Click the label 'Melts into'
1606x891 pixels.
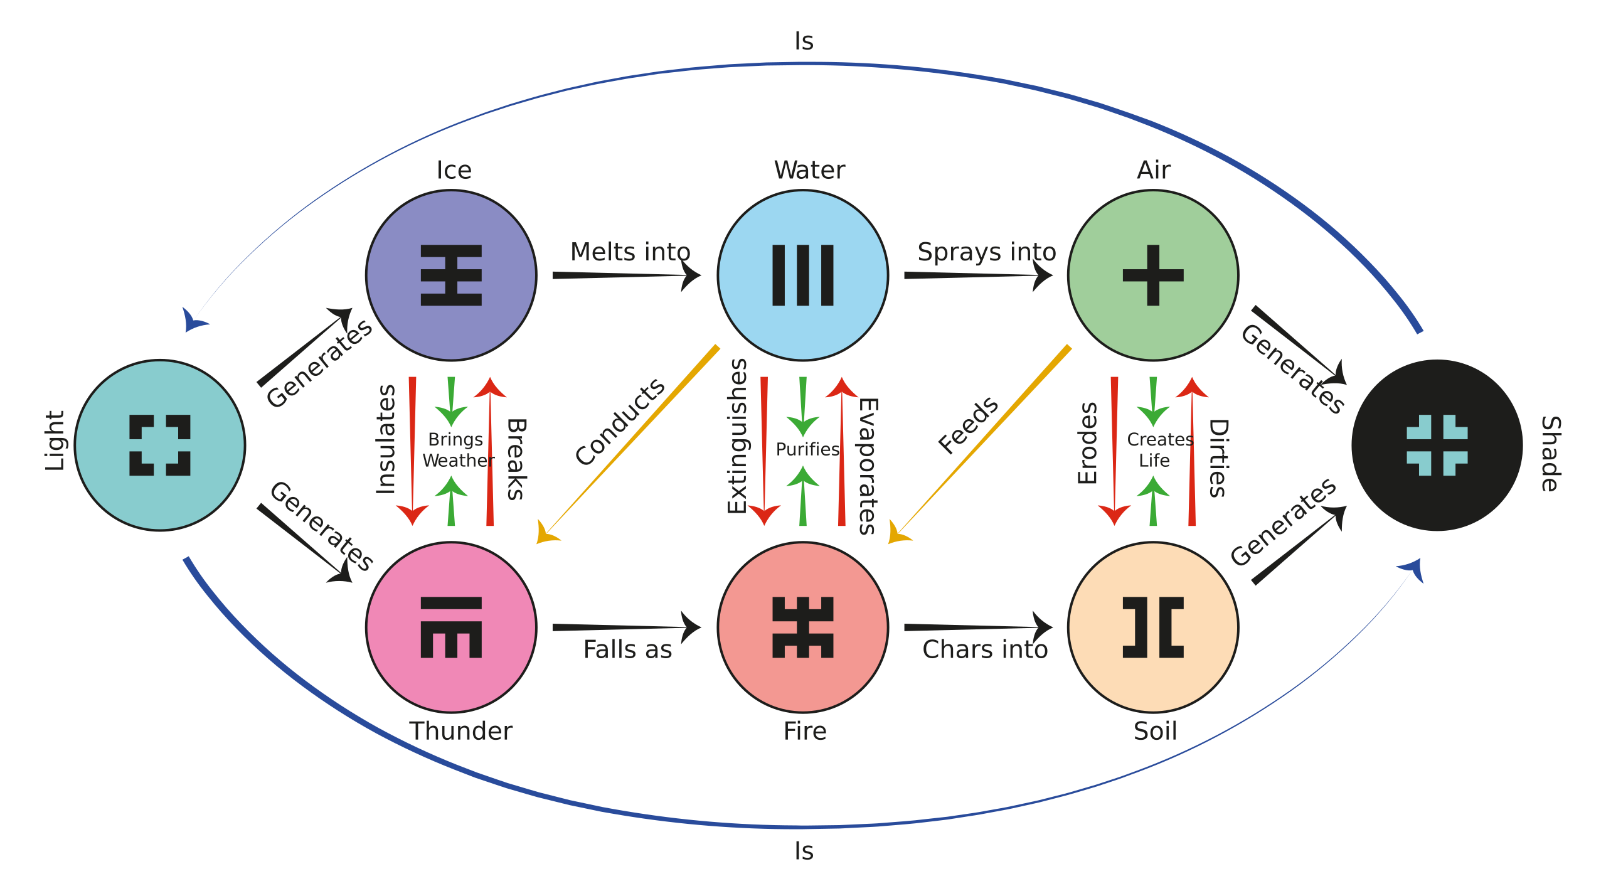630,252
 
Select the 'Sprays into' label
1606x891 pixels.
986,252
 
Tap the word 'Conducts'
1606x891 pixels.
620,422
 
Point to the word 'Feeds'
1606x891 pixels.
968,425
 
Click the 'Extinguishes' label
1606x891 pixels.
737,436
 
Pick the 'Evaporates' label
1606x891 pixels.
867,466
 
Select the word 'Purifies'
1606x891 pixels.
807,449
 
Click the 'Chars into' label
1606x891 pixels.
985,649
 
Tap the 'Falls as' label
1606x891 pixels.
627,649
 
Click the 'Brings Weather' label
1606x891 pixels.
457,450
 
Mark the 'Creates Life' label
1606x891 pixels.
1159,450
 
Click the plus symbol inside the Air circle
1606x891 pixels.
1153,275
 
